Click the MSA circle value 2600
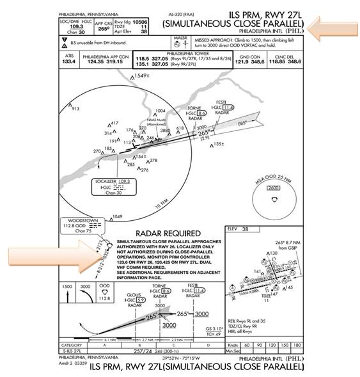pos(273,188)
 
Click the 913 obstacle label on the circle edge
pos(75,109)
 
